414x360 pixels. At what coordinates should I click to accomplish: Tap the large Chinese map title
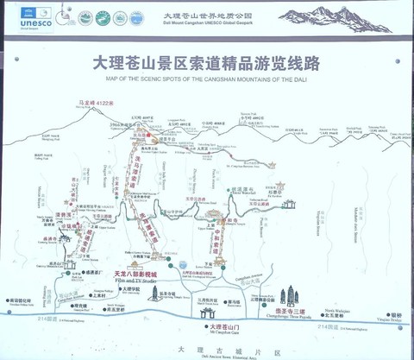207,64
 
